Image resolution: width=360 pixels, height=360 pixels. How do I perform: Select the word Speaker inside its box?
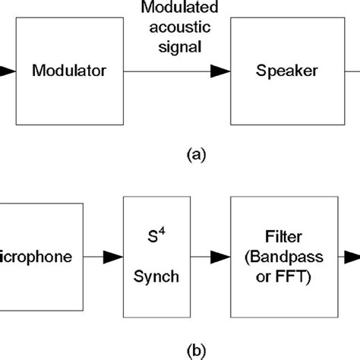coord(286,72)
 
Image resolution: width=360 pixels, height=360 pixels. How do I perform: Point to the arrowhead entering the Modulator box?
coord(6,72)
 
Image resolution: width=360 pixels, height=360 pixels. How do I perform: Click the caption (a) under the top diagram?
coord(195,155)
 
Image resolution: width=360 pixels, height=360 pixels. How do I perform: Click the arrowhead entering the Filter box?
coord(221,257)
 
